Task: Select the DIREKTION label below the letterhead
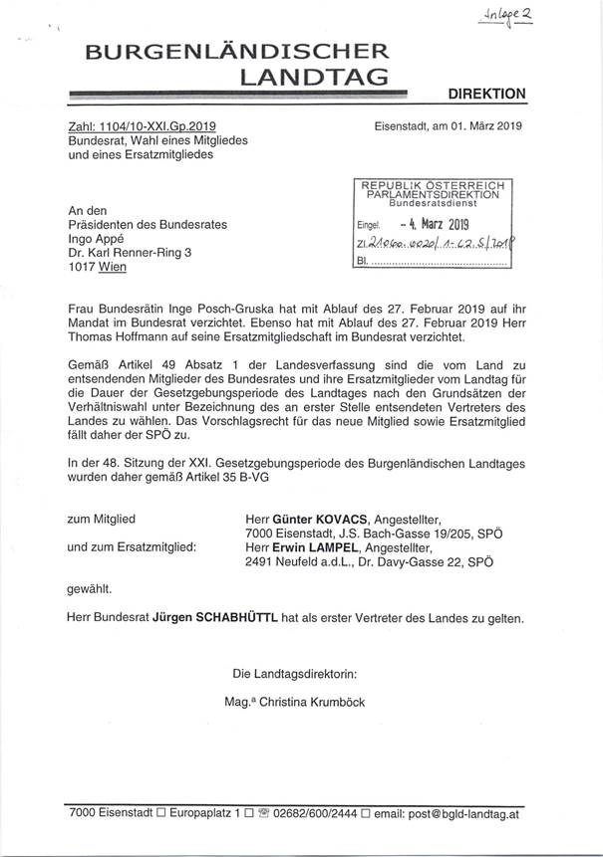click(485, 94)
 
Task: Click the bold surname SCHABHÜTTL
click(213, 617)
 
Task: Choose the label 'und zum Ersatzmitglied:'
click(131, 546)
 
